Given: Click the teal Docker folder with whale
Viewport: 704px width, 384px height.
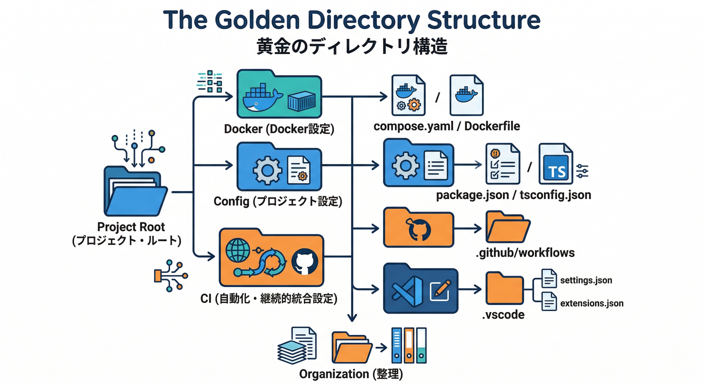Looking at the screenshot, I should [279, 94].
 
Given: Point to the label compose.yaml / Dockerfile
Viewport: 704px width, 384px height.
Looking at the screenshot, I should [446, 126].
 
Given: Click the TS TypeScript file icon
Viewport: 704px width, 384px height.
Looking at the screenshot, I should [555, 164].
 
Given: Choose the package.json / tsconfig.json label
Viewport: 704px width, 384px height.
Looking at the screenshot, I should [513, 194].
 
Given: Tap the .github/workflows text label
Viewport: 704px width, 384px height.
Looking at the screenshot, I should [524, 252].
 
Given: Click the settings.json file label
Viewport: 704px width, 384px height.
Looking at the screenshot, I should [586, 280].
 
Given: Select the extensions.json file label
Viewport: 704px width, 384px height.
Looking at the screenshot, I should [592, 303].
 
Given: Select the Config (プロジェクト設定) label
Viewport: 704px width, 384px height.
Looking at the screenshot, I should [278, 201].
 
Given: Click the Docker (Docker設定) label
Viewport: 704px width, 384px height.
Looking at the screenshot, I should [278, 128].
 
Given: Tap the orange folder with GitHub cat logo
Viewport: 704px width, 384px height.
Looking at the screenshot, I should [418, 228].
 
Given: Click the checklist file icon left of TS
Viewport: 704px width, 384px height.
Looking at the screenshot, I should [502, 163].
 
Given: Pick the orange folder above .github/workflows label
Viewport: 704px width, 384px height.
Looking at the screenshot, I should [507, 227].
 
